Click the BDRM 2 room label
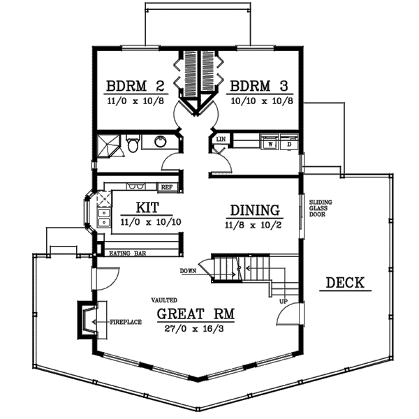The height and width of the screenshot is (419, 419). coord(135,87)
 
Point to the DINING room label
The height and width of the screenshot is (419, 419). coord(255,210)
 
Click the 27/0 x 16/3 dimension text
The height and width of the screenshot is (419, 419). coord(196,328)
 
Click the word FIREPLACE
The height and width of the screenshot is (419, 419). coord(126,322)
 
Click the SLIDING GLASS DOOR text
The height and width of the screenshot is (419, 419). coord(321,208)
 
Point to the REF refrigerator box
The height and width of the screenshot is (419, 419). coord(167,187)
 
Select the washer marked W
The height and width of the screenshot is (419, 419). coord(269,144)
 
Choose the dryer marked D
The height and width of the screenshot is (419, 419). coord(289,144)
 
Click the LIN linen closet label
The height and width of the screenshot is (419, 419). coord(221,140)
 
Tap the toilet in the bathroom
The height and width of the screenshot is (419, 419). coord(133,145)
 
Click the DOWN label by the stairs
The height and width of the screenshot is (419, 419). coord(187,270)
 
